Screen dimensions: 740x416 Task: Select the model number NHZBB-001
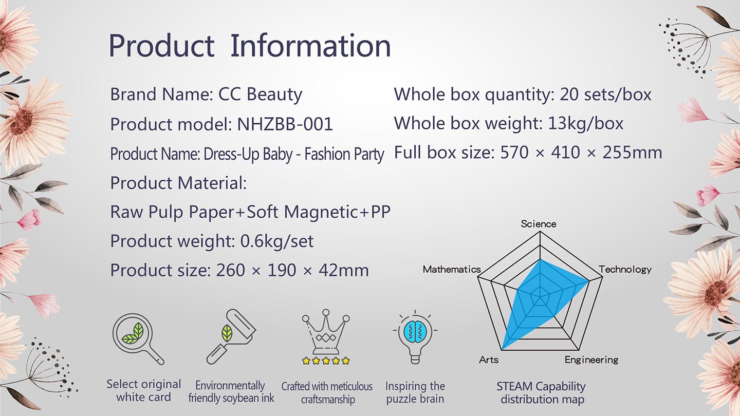click(x=285, y=124)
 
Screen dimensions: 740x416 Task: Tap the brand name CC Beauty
click(x=260, y=94)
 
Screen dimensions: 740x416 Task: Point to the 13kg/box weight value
click(x=585, y=123)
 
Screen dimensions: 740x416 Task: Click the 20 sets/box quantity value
click(x=605, y=94)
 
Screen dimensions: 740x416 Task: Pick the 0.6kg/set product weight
click(x=277, y=241)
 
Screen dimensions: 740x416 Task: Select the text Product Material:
click(x=178, y=183)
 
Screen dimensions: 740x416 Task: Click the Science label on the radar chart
click(x=539, y=224)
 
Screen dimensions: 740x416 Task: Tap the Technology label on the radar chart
click(x=625, y=270)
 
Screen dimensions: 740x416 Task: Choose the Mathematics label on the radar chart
click(x=452, y=270)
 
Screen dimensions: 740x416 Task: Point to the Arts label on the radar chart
click(x=489, y=360)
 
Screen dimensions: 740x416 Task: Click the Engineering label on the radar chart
click(x=591, y=360)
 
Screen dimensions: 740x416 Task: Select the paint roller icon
click(x=231, y=337)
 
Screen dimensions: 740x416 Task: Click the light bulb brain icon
click(x=415, y=337)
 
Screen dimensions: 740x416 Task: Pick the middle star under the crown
click(x=326, y=361)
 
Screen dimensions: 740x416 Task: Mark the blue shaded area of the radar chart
click(x=535, y=297)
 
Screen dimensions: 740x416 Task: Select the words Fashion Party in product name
click(x=344, y=154)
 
